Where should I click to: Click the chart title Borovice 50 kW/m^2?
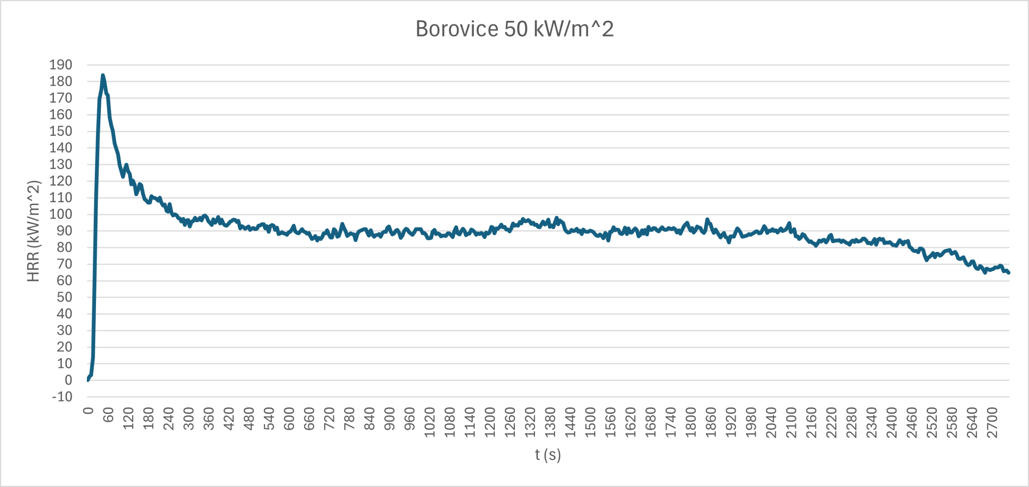[514, 29]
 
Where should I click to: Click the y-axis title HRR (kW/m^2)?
[34, 231]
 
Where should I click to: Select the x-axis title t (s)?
[548, 455]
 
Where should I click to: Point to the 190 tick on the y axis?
[61, 65]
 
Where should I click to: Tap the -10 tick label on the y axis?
[62, 397]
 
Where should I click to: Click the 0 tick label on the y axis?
[68, 380]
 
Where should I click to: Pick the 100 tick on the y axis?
[61, 214]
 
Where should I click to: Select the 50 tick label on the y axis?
[64, 297]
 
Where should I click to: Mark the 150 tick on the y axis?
[61, 131]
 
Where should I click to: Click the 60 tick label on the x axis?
[108, 415]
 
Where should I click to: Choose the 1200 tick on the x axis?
[490, 422]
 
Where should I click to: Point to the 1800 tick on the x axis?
[691, 422]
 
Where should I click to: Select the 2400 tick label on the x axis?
[892, 422]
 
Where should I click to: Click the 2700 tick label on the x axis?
[992, 422]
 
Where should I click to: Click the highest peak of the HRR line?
[103, 76]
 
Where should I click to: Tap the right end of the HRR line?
[1009, 273]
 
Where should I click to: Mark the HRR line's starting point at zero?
[88, 380]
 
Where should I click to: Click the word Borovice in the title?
[457, 29]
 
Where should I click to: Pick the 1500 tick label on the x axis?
[590, 422]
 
